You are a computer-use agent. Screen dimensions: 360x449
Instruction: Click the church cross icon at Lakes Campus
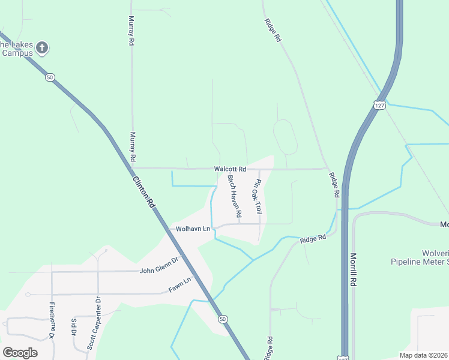click(42, 47)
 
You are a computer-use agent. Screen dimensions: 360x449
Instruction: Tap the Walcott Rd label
click(230, 169)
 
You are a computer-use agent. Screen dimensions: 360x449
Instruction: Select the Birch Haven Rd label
click(234, 196)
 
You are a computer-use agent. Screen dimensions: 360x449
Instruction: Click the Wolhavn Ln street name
click(193, 229)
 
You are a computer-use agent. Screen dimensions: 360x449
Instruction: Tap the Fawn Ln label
click(179, 280)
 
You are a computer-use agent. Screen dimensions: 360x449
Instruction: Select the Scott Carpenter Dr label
click(93, 331)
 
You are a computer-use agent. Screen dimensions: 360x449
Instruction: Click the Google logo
click(20, 352)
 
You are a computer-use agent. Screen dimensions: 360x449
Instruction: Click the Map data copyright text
click(423, 355)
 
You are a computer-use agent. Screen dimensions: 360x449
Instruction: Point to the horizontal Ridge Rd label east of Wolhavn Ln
click(313, 238)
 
